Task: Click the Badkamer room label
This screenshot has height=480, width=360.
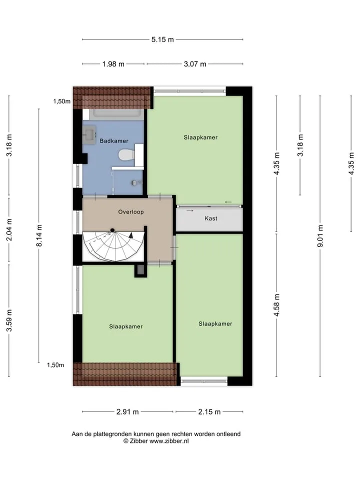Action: coord(114,141)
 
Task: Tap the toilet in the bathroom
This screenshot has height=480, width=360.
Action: coord(126,154)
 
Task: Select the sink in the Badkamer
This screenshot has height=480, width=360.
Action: coord(89,134)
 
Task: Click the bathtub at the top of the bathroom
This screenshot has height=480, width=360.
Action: coord(116,114)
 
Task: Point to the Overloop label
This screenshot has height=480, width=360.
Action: coord(131,212)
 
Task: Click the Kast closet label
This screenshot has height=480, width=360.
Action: coord(211,218)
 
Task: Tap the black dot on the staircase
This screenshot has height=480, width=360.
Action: coord(112,230)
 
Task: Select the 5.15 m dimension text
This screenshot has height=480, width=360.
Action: coord(162,39)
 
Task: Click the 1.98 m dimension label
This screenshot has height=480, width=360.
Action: coord(113,64)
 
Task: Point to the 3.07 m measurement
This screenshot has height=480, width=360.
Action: coord(195,64)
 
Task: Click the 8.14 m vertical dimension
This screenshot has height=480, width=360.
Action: coord(39,235)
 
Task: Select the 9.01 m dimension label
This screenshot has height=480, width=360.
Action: coord(320,235)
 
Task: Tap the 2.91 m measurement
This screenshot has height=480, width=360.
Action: coord(127,411)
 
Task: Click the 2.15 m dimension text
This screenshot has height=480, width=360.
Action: coord(209,411)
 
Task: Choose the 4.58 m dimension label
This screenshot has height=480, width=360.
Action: coord(276,305)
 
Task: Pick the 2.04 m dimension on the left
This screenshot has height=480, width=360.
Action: coord(9,229)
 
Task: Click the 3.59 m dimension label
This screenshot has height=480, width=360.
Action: coord(9,320)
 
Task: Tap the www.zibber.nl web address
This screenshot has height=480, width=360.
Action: coord(169,441)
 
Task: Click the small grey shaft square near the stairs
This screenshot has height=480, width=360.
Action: coord(140,270)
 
